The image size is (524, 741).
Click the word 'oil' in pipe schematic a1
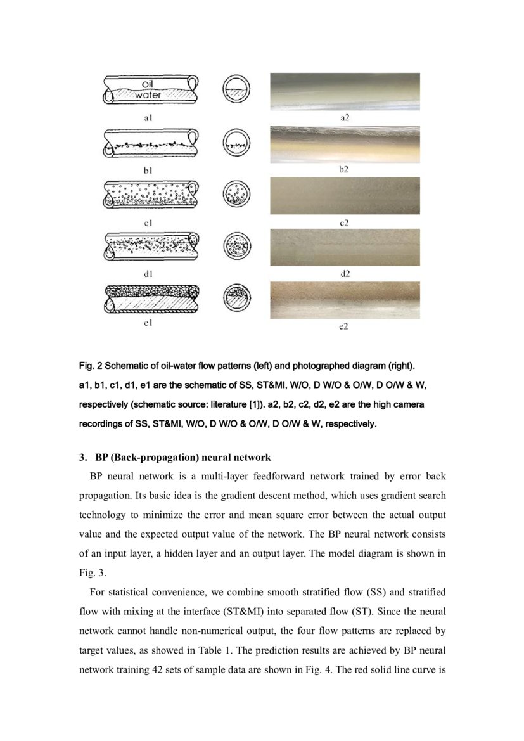(x=147, y=82)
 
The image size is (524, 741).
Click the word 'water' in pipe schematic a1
(x=147, y=95)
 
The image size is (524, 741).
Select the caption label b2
(x=344, y=170)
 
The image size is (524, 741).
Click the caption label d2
(x=345, y=273)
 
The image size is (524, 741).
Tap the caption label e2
(x=344, y=326)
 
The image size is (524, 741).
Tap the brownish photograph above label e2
(x=345, y=300)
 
